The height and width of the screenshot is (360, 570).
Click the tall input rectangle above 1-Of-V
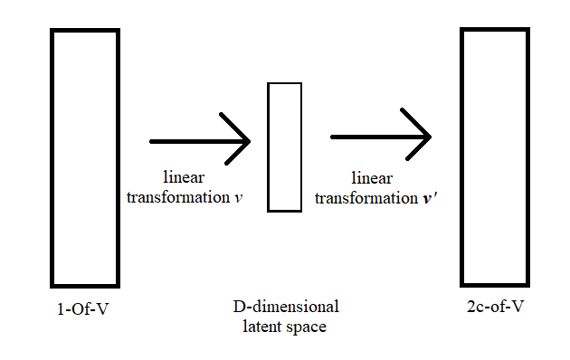(85, 158)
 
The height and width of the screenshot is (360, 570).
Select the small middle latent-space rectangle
(284, 147)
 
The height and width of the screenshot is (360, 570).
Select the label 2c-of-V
(492, 308)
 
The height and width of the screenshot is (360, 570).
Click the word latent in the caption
(261, 326)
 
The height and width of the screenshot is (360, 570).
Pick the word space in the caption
(307, 326)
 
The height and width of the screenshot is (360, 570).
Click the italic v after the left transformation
(238, 196)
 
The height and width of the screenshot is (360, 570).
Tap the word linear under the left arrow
(184, 177)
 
